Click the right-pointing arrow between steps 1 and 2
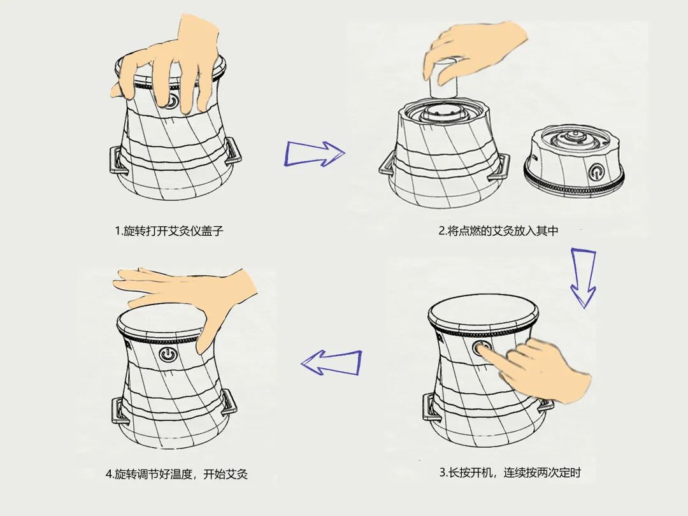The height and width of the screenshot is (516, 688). tap(314, 154)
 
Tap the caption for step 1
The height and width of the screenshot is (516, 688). tap(169, 231)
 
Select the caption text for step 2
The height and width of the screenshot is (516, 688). tap(498, 231)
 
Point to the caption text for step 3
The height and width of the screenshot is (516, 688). tap(510, 473)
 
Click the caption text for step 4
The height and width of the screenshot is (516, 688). tap(176, 474)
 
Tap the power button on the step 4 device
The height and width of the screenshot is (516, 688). tap(168, 354)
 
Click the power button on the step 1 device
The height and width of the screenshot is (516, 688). tap(173, 101)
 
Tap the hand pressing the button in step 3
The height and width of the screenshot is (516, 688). tap(541, 369)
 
